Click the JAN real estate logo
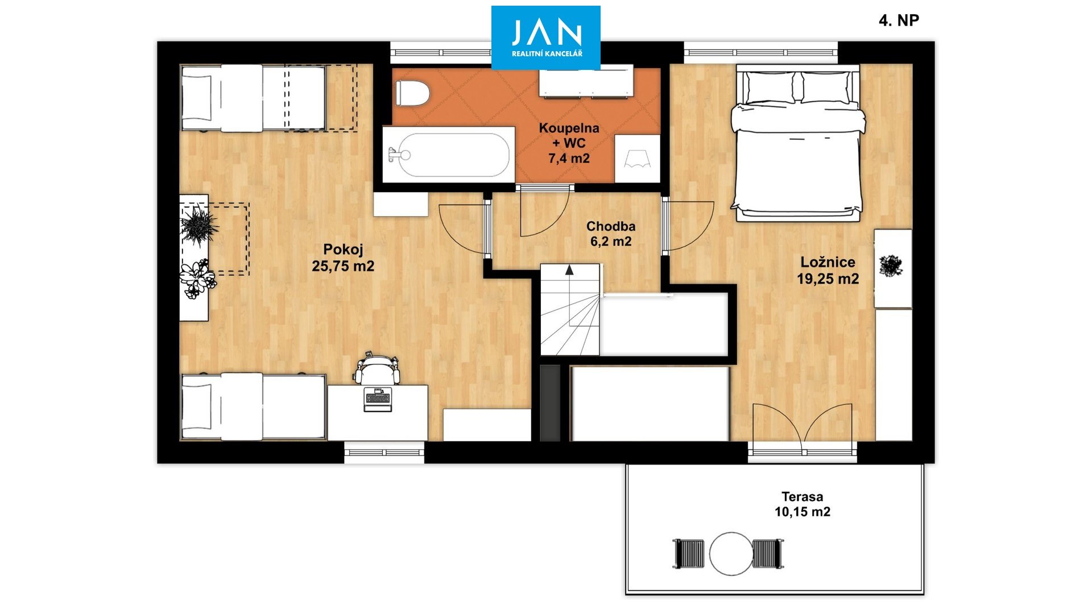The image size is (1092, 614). (546, 38)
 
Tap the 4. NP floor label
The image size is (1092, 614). (899, 20)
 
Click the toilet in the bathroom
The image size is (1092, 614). (412, 93)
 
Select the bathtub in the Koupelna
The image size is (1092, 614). (449, 155)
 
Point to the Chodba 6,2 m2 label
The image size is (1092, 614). (611, 234)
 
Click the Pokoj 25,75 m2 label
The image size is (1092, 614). (343, 258)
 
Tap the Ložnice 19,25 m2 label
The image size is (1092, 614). (828, 271)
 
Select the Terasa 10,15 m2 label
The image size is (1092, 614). (802, 504)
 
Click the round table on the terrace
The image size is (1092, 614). (731, 554)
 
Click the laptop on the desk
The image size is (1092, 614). (378, 399)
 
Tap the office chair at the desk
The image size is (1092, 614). (377, 368)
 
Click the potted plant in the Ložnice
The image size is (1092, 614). (891, 266)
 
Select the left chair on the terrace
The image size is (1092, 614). (689, 554)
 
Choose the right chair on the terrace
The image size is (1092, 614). (767, 554)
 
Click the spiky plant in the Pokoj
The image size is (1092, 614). (198, 226)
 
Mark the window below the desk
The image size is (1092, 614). (384, 453)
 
